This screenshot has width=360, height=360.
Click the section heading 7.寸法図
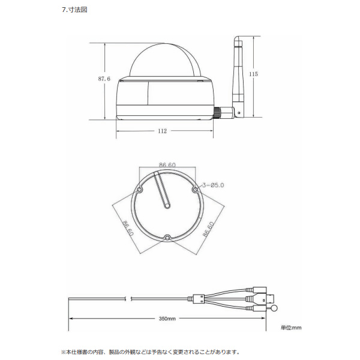point(74,10)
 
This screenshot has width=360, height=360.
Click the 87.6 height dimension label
point(104,79)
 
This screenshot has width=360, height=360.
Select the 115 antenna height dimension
point(253,74)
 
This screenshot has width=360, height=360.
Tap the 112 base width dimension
point(163,131)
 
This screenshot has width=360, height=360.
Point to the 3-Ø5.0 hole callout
point(213,185)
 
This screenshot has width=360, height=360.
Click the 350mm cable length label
point(167,319)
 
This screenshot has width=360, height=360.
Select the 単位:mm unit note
point(291,328)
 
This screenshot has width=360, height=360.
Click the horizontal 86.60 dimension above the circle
point(167,165)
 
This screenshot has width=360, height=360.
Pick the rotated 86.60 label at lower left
point(128,228)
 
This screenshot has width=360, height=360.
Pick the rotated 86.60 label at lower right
point(208,229)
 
